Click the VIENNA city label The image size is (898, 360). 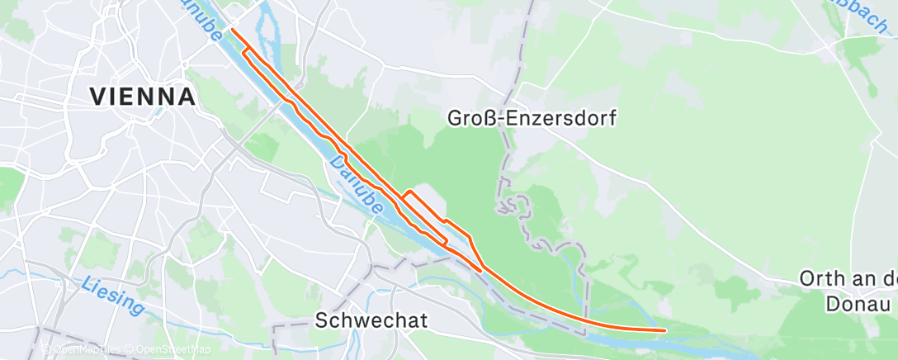click(142, 97)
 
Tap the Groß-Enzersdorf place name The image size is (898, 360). click(532, 118)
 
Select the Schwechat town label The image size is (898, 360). click(371, 321)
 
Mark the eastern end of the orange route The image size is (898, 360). click(664, 330)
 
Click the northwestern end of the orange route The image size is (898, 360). click(231, 30)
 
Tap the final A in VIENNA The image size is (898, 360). click(187, 97)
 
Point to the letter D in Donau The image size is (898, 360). click(833, 304)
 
